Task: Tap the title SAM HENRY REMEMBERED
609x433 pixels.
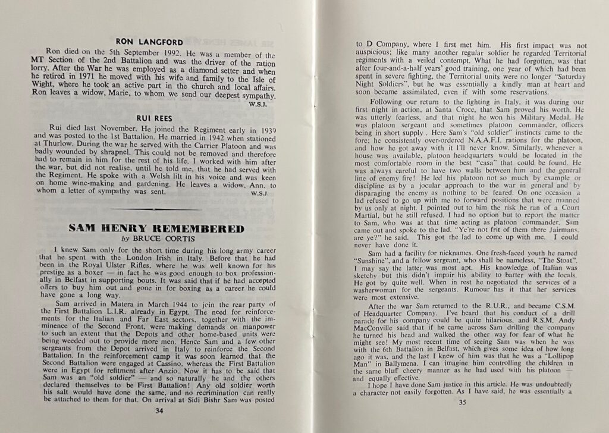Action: (x=156, y=228)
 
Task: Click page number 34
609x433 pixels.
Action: (x=158, y=410)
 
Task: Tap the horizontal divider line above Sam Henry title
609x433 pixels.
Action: (x=156, y=209)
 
